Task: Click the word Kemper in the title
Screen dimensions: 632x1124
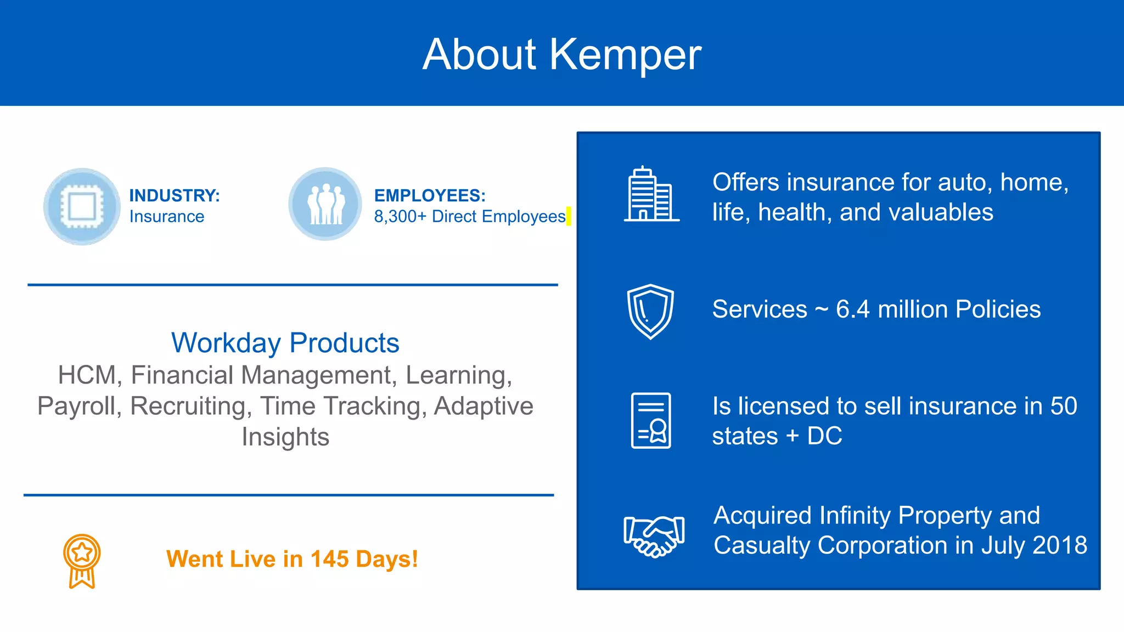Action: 625,55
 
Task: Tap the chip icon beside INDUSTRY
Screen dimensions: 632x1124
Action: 82,206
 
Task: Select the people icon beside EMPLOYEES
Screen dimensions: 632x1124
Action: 325,205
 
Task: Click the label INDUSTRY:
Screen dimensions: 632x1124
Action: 175,195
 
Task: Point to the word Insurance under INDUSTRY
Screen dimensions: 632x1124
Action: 167,217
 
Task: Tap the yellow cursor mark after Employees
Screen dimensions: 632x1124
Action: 569,216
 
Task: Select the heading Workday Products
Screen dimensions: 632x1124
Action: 285,343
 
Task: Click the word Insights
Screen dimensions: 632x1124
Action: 285,437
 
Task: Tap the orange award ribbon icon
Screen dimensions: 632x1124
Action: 82,561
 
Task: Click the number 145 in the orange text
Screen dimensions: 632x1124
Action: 329,559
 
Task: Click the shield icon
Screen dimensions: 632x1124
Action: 650,311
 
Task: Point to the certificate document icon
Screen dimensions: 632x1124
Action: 651,420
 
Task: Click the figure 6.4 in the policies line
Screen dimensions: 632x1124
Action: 852,309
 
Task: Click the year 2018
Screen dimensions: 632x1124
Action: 1060,545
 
